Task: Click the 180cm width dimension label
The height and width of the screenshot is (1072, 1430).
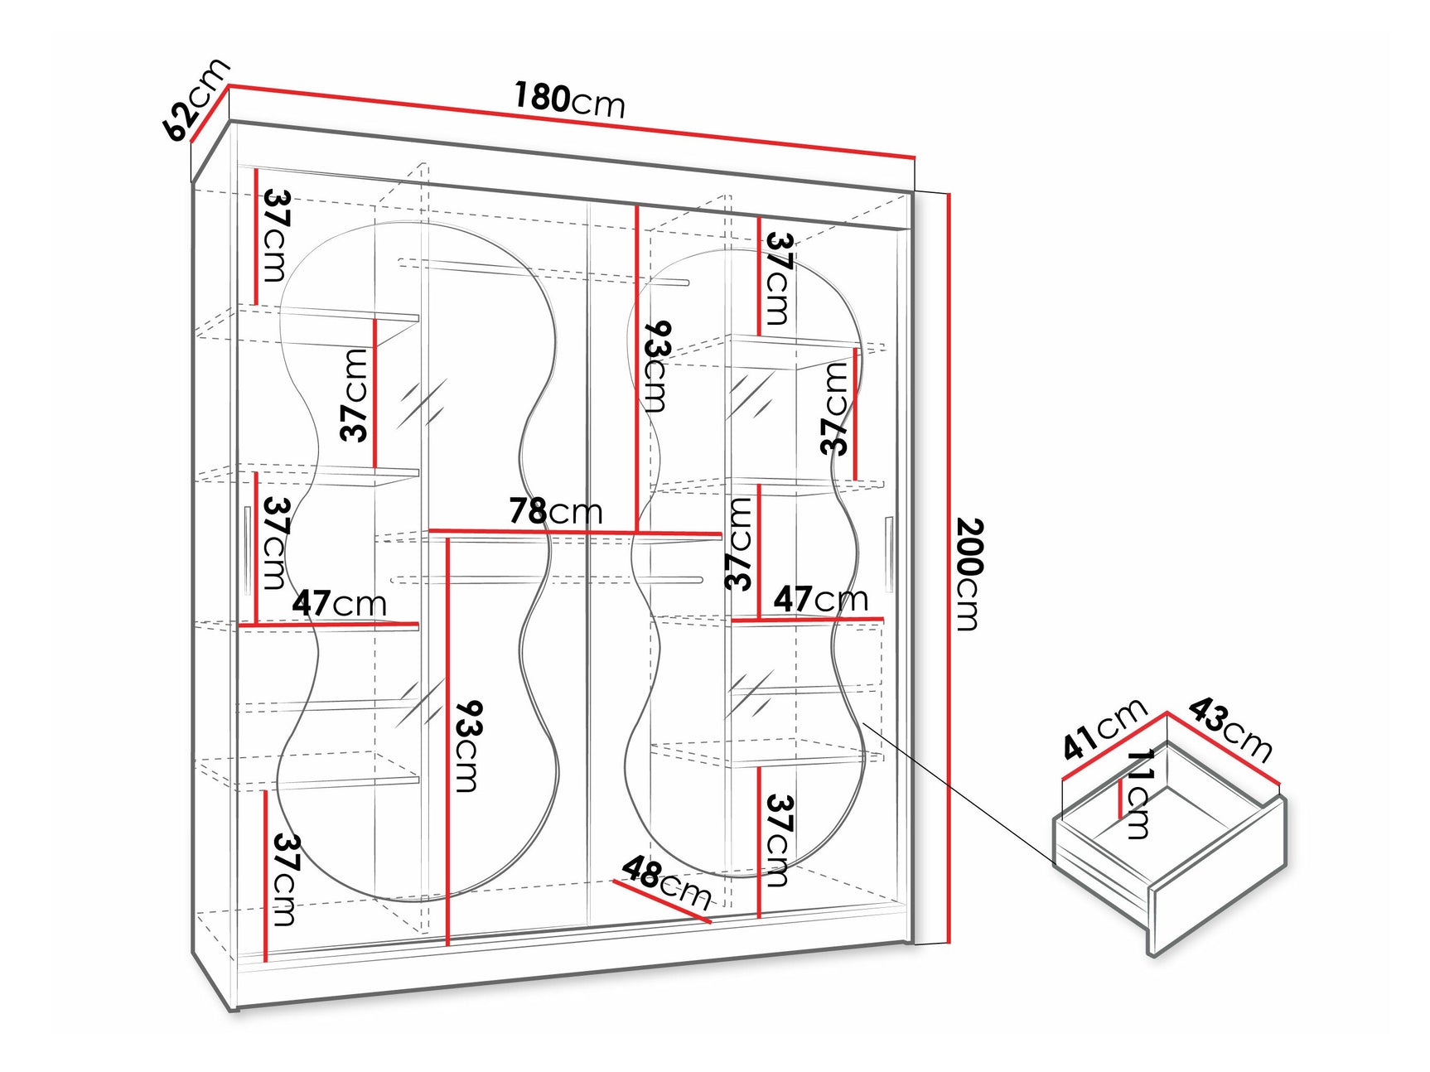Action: point(569,99)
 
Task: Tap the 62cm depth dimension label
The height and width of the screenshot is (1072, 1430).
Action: point(196,99)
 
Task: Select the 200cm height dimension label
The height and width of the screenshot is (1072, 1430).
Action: point(969,573)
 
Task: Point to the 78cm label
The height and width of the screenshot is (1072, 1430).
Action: point(555,511)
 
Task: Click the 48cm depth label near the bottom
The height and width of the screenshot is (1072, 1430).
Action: point(666,883)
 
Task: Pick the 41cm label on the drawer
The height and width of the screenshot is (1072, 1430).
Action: point(1104,729)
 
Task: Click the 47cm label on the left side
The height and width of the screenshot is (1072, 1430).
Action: point(339,603)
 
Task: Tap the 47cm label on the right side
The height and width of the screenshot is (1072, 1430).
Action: point(820,598)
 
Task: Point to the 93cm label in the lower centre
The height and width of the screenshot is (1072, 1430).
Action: point(468,746)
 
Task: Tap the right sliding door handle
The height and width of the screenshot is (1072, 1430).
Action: point(888,555)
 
